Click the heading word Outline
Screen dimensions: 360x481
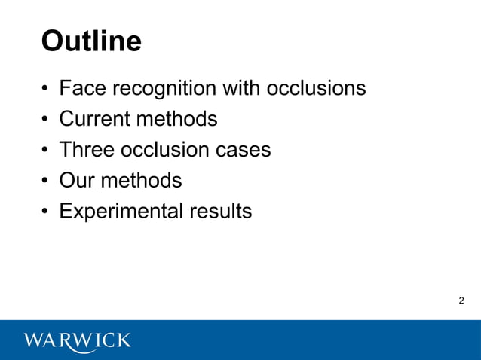click(91, 41)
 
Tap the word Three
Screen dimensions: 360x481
click(85, 150)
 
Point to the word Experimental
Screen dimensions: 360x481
click(119, 212)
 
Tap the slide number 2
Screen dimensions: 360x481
click(461, 301)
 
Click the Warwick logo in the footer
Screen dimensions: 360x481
click(78, 340)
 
